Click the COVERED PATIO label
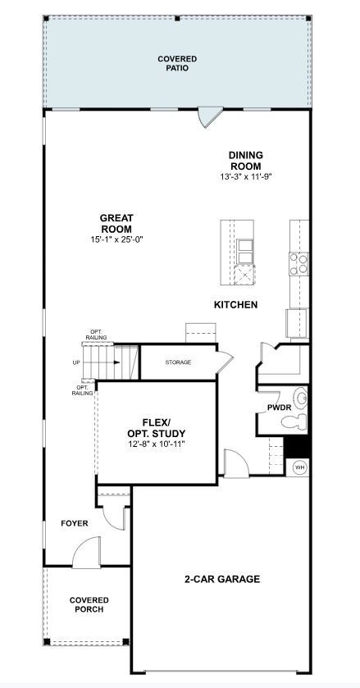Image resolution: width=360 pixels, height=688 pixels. point(176,64)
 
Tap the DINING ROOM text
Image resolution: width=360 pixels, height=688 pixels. point(245,159)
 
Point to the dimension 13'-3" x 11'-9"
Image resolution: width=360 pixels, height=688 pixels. point(245,176)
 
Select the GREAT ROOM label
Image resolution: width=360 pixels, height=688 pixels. point(116,223)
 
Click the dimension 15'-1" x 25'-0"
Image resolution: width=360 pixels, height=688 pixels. point(116,239)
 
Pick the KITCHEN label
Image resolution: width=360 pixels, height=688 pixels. point(235,305)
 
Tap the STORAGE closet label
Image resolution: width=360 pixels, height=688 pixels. point(178,362)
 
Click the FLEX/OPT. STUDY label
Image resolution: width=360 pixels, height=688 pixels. point(156,428)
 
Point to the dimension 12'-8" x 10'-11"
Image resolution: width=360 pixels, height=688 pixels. point(156,444)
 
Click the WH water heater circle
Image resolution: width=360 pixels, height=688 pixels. point(299,467)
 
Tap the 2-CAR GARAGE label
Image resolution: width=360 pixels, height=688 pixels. point(221,579)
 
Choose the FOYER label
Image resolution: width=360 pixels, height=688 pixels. point(74,523)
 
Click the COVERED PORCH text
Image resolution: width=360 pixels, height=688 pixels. point(89,604)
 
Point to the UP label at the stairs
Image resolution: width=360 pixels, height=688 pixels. point(76,362)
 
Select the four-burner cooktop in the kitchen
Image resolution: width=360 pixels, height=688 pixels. point(299,262)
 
